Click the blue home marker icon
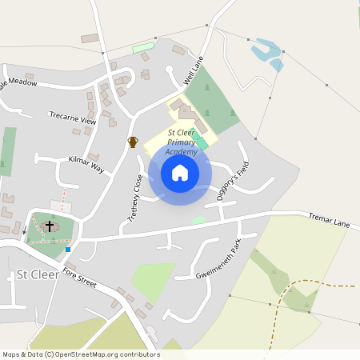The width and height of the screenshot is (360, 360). (x=180, y=173)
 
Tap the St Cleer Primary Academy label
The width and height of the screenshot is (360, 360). (x=182, y=142)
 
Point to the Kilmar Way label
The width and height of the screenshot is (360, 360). (x=86, y=165)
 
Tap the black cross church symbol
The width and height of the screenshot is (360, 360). (x=49, y=226)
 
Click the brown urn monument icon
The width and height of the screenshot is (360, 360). (x=133, y=142)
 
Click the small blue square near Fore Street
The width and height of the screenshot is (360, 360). (x=68, y=249)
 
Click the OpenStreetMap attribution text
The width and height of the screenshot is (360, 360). (x=81, y=354)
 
